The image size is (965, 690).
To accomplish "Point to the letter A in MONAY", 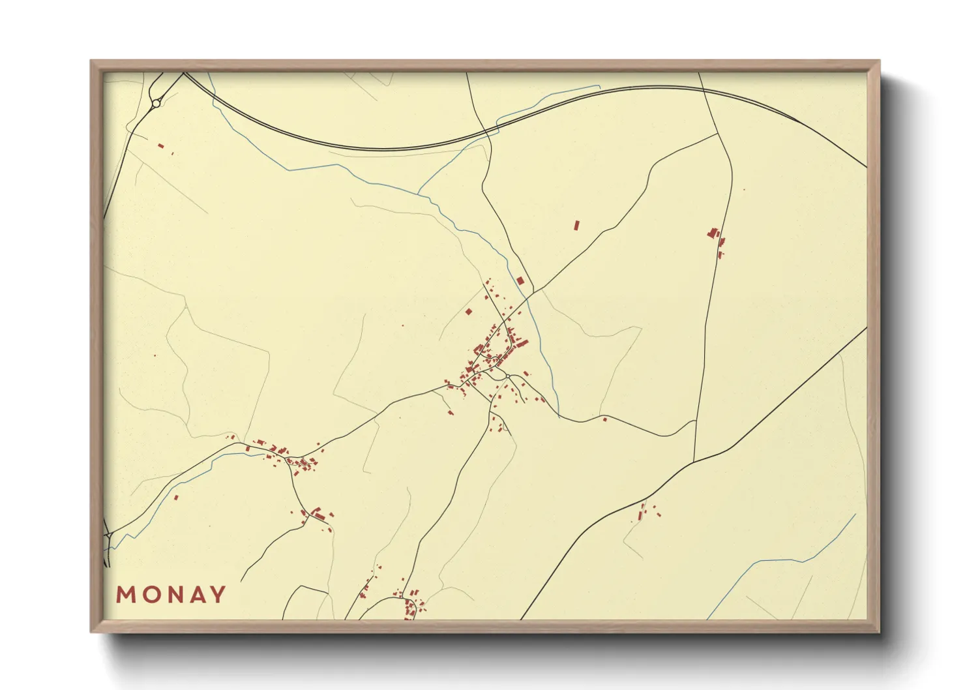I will click(195, 595).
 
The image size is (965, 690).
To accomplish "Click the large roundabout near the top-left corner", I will click(156, 103).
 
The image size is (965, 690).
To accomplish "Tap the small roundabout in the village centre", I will click(508, 377).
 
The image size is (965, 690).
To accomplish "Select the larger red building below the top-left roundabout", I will click(161, 145).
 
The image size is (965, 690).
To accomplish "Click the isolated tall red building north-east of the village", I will click(576, 226).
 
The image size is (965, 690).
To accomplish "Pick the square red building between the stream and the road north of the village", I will click(520, 280).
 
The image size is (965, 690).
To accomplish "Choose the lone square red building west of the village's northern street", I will click(468, 312).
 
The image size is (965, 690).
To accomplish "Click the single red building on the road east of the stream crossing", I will click(604, 419).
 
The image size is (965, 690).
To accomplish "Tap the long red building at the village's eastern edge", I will click(522, 343).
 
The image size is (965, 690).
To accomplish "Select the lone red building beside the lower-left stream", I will click(175, 498).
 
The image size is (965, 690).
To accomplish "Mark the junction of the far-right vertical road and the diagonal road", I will click(694, 461).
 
